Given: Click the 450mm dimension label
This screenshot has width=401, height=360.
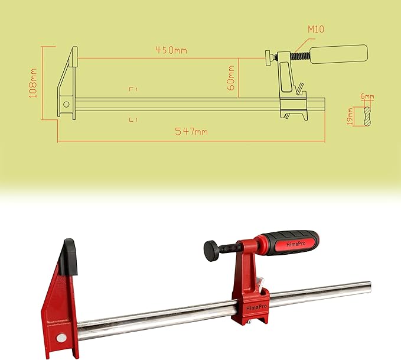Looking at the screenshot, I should (171, 50).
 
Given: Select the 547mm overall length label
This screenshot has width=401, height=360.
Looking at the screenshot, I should (191, 132).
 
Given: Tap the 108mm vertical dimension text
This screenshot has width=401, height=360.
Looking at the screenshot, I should (34, 83).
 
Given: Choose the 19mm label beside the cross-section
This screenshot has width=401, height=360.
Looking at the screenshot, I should (350, 116).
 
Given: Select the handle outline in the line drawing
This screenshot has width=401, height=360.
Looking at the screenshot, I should (339, 55).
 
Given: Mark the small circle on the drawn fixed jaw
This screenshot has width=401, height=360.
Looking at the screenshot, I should (67, 105).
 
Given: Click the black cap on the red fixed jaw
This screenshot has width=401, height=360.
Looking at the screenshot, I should (69, 256).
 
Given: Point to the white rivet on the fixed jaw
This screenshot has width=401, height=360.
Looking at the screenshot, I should (60, 339).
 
